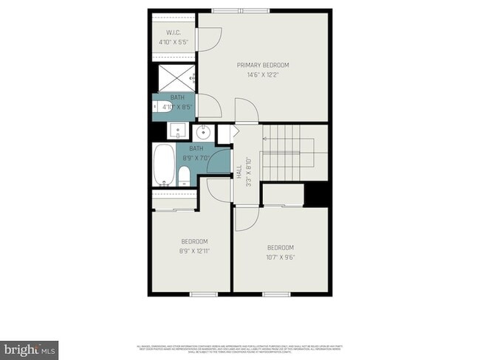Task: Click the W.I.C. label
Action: (x=174, y=32)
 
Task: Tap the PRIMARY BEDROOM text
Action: (x=262, y=65)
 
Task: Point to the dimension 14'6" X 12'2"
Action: (x=262, y=74)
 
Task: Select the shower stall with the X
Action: (x=174, y=77)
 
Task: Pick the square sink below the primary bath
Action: (x=177, y=131)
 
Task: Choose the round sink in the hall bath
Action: (x=203, y=134)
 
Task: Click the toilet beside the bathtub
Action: (x=185, y=176)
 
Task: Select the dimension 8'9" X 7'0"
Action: (x=196, y=157)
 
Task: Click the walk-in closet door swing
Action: (x=210, y=38)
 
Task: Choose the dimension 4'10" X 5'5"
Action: (x=174, y=42)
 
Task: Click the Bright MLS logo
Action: (x=30, y=347)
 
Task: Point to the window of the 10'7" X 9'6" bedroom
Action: (x=272, y=295)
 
